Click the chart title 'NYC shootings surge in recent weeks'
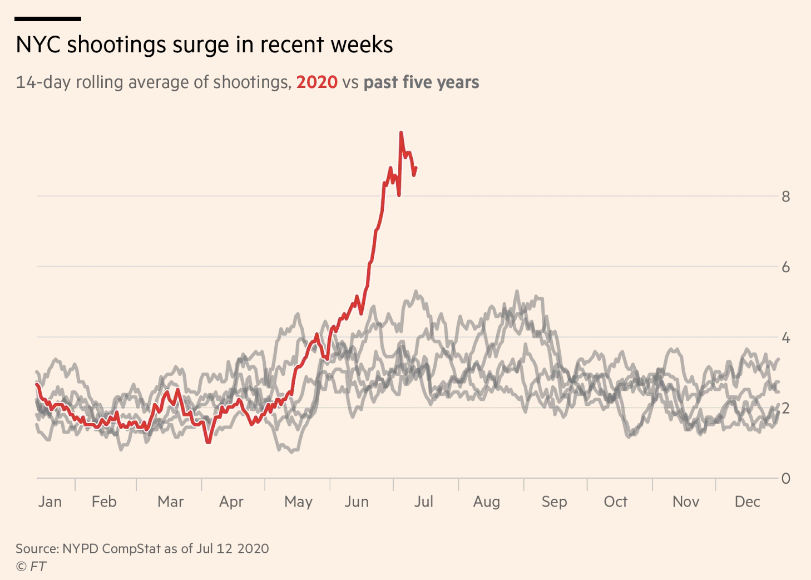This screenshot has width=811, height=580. tap(204, 45)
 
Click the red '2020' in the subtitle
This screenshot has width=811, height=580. tap(317, 82)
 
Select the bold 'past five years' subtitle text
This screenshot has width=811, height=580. tap(421, 82)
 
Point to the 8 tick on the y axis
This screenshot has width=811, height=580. tap(785, 196)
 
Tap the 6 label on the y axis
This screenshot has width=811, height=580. tap(785, 267)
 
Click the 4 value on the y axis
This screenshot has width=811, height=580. tap(785, 337)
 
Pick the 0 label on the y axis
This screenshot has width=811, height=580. tap(785, 478)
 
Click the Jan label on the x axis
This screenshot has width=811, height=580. tap(50, 502)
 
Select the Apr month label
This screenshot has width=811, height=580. tap(231, 502)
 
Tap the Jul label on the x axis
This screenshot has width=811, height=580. tap(423, 502)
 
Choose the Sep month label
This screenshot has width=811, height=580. tap(554, 502)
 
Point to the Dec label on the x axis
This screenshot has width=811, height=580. tap(747, 502)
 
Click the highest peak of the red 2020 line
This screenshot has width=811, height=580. tap(401, 132)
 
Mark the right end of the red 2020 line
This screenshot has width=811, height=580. tap(416, 168)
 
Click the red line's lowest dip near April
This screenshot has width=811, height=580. tap(208, 442)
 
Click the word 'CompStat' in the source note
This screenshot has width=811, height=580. tap(131, 549)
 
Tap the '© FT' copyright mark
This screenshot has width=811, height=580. tap(31, 567)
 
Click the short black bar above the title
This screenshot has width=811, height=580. tap(48, 19)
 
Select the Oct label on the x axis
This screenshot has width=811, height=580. tap(615, 502)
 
